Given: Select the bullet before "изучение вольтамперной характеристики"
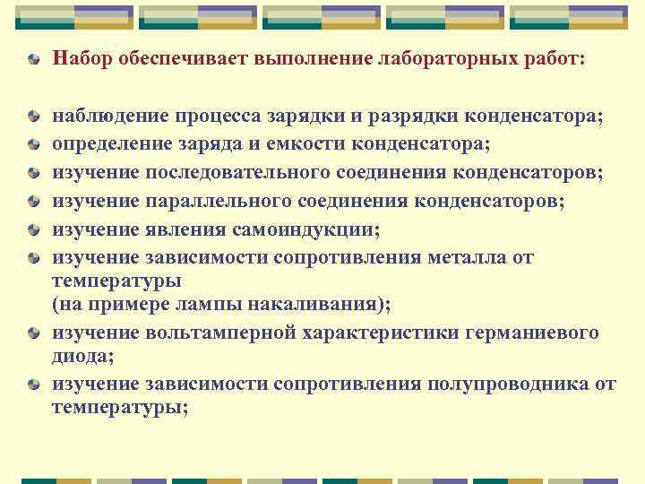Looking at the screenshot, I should click(33, 333).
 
